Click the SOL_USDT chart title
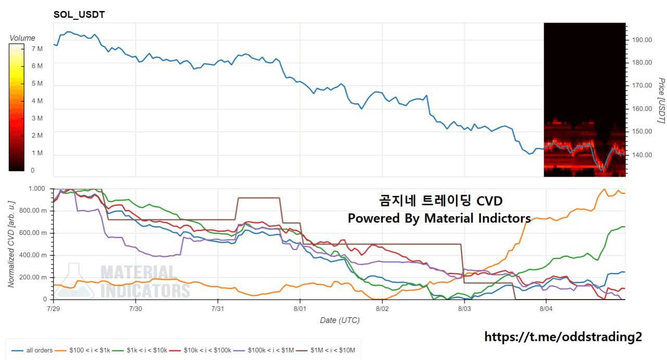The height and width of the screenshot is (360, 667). coord(79,15)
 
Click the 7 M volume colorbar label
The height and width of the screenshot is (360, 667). coord(22,48)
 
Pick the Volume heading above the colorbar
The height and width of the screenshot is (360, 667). coord(22,38)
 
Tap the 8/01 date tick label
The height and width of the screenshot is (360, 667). coord(300,308)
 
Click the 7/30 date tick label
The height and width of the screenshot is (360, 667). coord(135,308)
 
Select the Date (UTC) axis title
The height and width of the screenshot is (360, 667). coord(339,320)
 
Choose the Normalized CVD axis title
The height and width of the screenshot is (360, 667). coord(11,244)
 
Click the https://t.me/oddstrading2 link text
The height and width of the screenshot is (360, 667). coord(563,337)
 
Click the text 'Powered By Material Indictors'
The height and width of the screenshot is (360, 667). coord(439,218)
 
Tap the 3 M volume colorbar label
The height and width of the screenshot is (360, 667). coord(22,118)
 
